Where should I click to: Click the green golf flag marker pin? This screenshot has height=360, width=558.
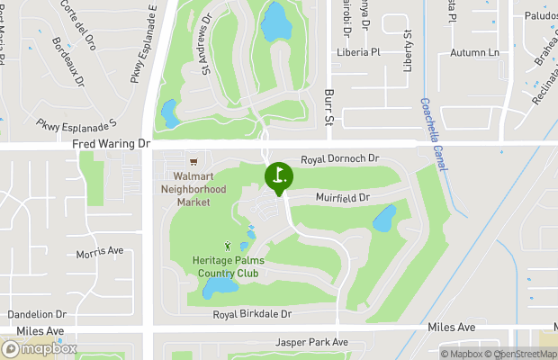(x=278, y=176)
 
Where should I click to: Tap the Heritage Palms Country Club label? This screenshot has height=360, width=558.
(x=225, y=266)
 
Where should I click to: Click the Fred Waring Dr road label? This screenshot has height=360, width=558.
(x=112, y=143)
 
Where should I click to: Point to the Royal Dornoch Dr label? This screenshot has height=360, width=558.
(x=340, y=158)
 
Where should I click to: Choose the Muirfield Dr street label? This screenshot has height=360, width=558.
(x=343, y=197)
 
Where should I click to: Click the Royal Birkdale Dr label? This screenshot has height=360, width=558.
(x=253, y=314)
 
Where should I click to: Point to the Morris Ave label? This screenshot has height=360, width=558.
(x=99, y=251)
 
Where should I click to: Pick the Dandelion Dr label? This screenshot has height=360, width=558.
(x=37, y=314)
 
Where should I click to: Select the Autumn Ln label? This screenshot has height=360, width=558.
(x=474, y=52)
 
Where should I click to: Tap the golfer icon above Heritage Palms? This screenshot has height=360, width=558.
(x=228, y=245)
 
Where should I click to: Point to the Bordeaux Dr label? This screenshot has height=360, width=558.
(x=67, y=61)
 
